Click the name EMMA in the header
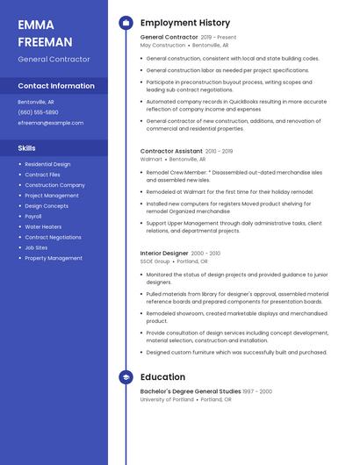click(x=36, y=25)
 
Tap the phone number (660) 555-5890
click(x=38, y=112)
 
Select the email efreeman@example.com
click(x=50, y=123)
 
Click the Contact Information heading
click(x=56, y=86)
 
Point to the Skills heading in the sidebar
click(x=26, y=148)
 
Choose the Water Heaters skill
click(x=43, y=226)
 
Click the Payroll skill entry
click(x=33, y=216)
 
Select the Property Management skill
click(x=54, y=258)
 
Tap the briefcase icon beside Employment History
click(x=126, y=23)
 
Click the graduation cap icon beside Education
click(x=126, y=377)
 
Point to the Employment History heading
click(x=185, y=23)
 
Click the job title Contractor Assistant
click(x=171, y=151)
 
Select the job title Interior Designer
click(x=164, y=253)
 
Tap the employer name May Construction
click(x=162, y=45)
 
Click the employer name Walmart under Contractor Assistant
click(x=151, y=160)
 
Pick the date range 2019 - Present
click(x=219, y=38)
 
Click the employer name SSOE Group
click(x=155, y=261)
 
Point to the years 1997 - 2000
click(x=257, y=391)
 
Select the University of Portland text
click(x=168, y=399)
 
